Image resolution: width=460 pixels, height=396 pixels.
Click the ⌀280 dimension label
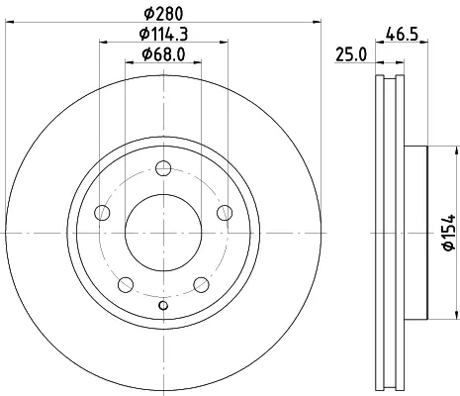click(x=163, y=14)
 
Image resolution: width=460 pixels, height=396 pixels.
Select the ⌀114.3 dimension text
click(x=163, y=34)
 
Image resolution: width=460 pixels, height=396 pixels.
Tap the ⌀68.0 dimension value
click(x=163, y=54)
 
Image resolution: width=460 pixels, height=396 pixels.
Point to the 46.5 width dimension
click(x=402, y=34)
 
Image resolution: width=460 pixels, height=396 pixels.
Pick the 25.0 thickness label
click(x=351, y=54)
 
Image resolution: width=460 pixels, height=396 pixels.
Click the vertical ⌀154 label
click(x=449, y=233)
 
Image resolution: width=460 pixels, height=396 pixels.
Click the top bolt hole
click(x=163, y=168)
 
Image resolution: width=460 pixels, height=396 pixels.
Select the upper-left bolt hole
click(x=102, y=213)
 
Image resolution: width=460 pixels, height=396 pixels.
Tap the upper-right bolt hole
click(x=225, y=213)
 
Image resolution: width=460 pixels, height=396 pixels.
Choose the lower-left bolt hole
click(x=126, y=285)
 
